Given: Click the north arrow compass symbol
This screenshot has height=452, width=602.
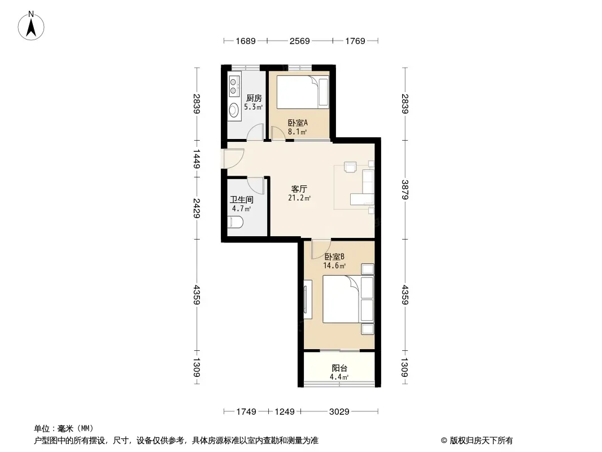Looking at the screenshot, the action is [x=31, y=26].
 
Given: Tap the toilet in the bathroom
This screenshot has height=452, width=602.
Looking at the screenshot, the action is [x=235, y=222].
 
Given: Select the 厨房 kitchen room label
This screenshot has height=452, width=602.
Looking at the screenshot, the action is [x=254, y=98].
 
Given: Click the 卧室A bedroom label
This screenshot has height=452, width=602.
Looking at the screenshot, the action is [x=298, y=123].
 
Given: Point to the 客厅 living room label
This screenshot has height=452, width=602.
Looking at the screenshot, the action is [x=299, y=189].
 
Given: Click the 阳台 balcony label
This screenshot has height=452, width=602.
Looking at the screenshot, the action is [x=339, y=368].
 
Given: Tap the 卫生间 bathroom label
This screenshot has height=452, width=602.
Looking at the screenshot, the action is [x=242, y=199].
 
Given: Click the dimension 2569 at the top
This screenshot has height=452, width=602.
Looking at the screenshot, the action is [x=299, y=41].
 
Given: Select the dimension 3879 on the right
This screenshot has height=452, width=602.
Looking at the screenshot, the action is [x=405, y=190].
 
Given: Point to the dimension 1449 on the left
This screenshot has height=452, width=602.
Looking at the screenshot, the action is [x=196, y=159].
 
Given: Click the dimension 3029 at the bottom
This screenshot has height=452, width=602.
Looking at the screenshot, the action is [x=339, y=412].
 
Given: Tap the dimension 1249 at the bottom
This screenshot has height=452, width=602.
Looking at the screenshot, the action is [x=285, y=412].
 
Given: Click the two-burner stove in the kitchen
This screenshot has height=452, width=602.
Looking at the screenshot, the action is [x=233, y=86].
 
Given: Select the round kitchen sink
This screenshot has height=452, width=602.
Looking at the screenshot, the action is [x=233, y=110].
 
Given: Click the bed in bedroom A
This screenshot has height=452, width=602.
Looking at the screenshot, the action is [x=303, y=92].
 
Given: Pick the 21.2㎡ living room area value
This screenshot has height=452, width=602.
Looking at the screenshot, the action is [x=299, y=198].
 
